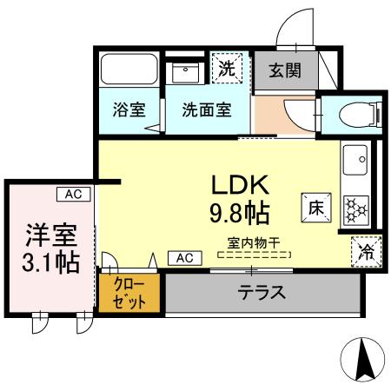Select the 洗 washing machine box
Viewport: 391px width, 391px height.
227,68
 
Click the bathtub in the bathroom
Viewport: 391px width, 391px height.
129,69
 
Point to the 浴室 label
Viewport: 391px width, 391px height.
129,111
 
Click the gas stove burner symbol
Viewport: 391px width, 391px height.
356,208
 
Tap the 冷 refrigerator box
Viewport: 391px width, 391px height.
366,251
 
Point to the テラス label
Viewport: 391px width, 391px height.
262,293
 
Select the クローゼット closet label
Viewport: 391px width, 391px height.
129,294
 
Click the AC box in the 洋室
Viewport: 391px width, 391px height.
73,194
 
